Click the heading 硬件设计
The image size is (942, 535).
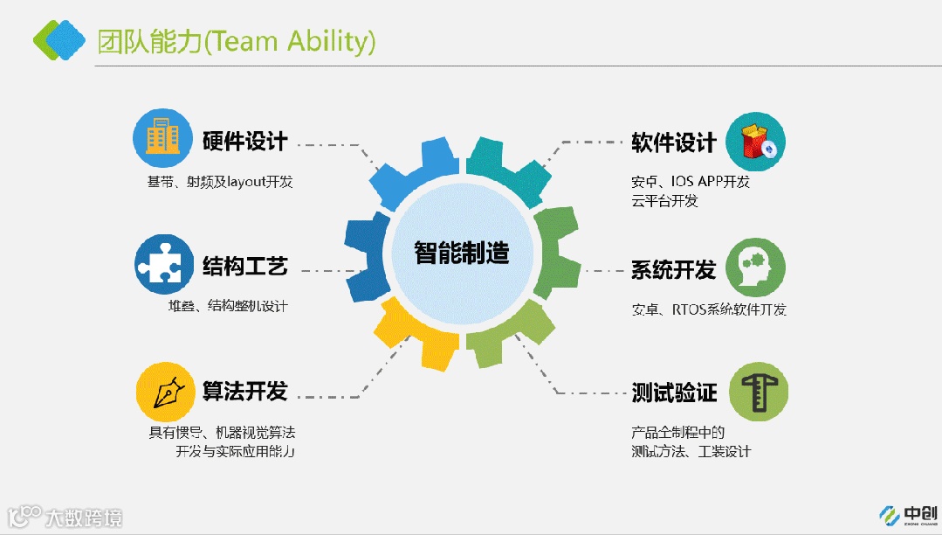(244, 142)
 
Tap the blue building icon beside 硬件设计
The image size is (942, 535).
(162, 138)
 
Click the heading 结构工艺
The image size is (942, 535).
(244, 266)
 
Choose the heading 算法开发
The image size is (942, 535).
(244, 391)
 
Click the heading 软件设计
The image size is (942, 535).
(673, 142)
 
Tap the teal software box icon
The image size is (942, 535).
(755, 142)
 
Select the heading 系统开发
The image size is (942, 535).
(673, 269)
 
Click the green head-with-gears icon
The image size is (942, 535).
(755, 267)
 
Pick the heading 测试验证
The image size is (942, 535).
(673, 393)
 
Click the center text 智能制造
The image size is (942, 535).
(461, 253)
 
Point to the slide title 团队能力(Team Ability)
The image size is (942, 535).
(237, 40)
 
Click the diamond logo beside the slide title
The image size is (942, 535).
(59, 38)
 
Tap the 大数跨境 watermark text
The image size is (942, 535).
(84, 518)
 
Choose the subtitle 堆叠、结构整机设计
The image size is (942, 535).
(228, 306)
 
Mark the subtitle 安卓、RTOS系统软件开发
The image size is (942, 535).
(708, 310)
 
